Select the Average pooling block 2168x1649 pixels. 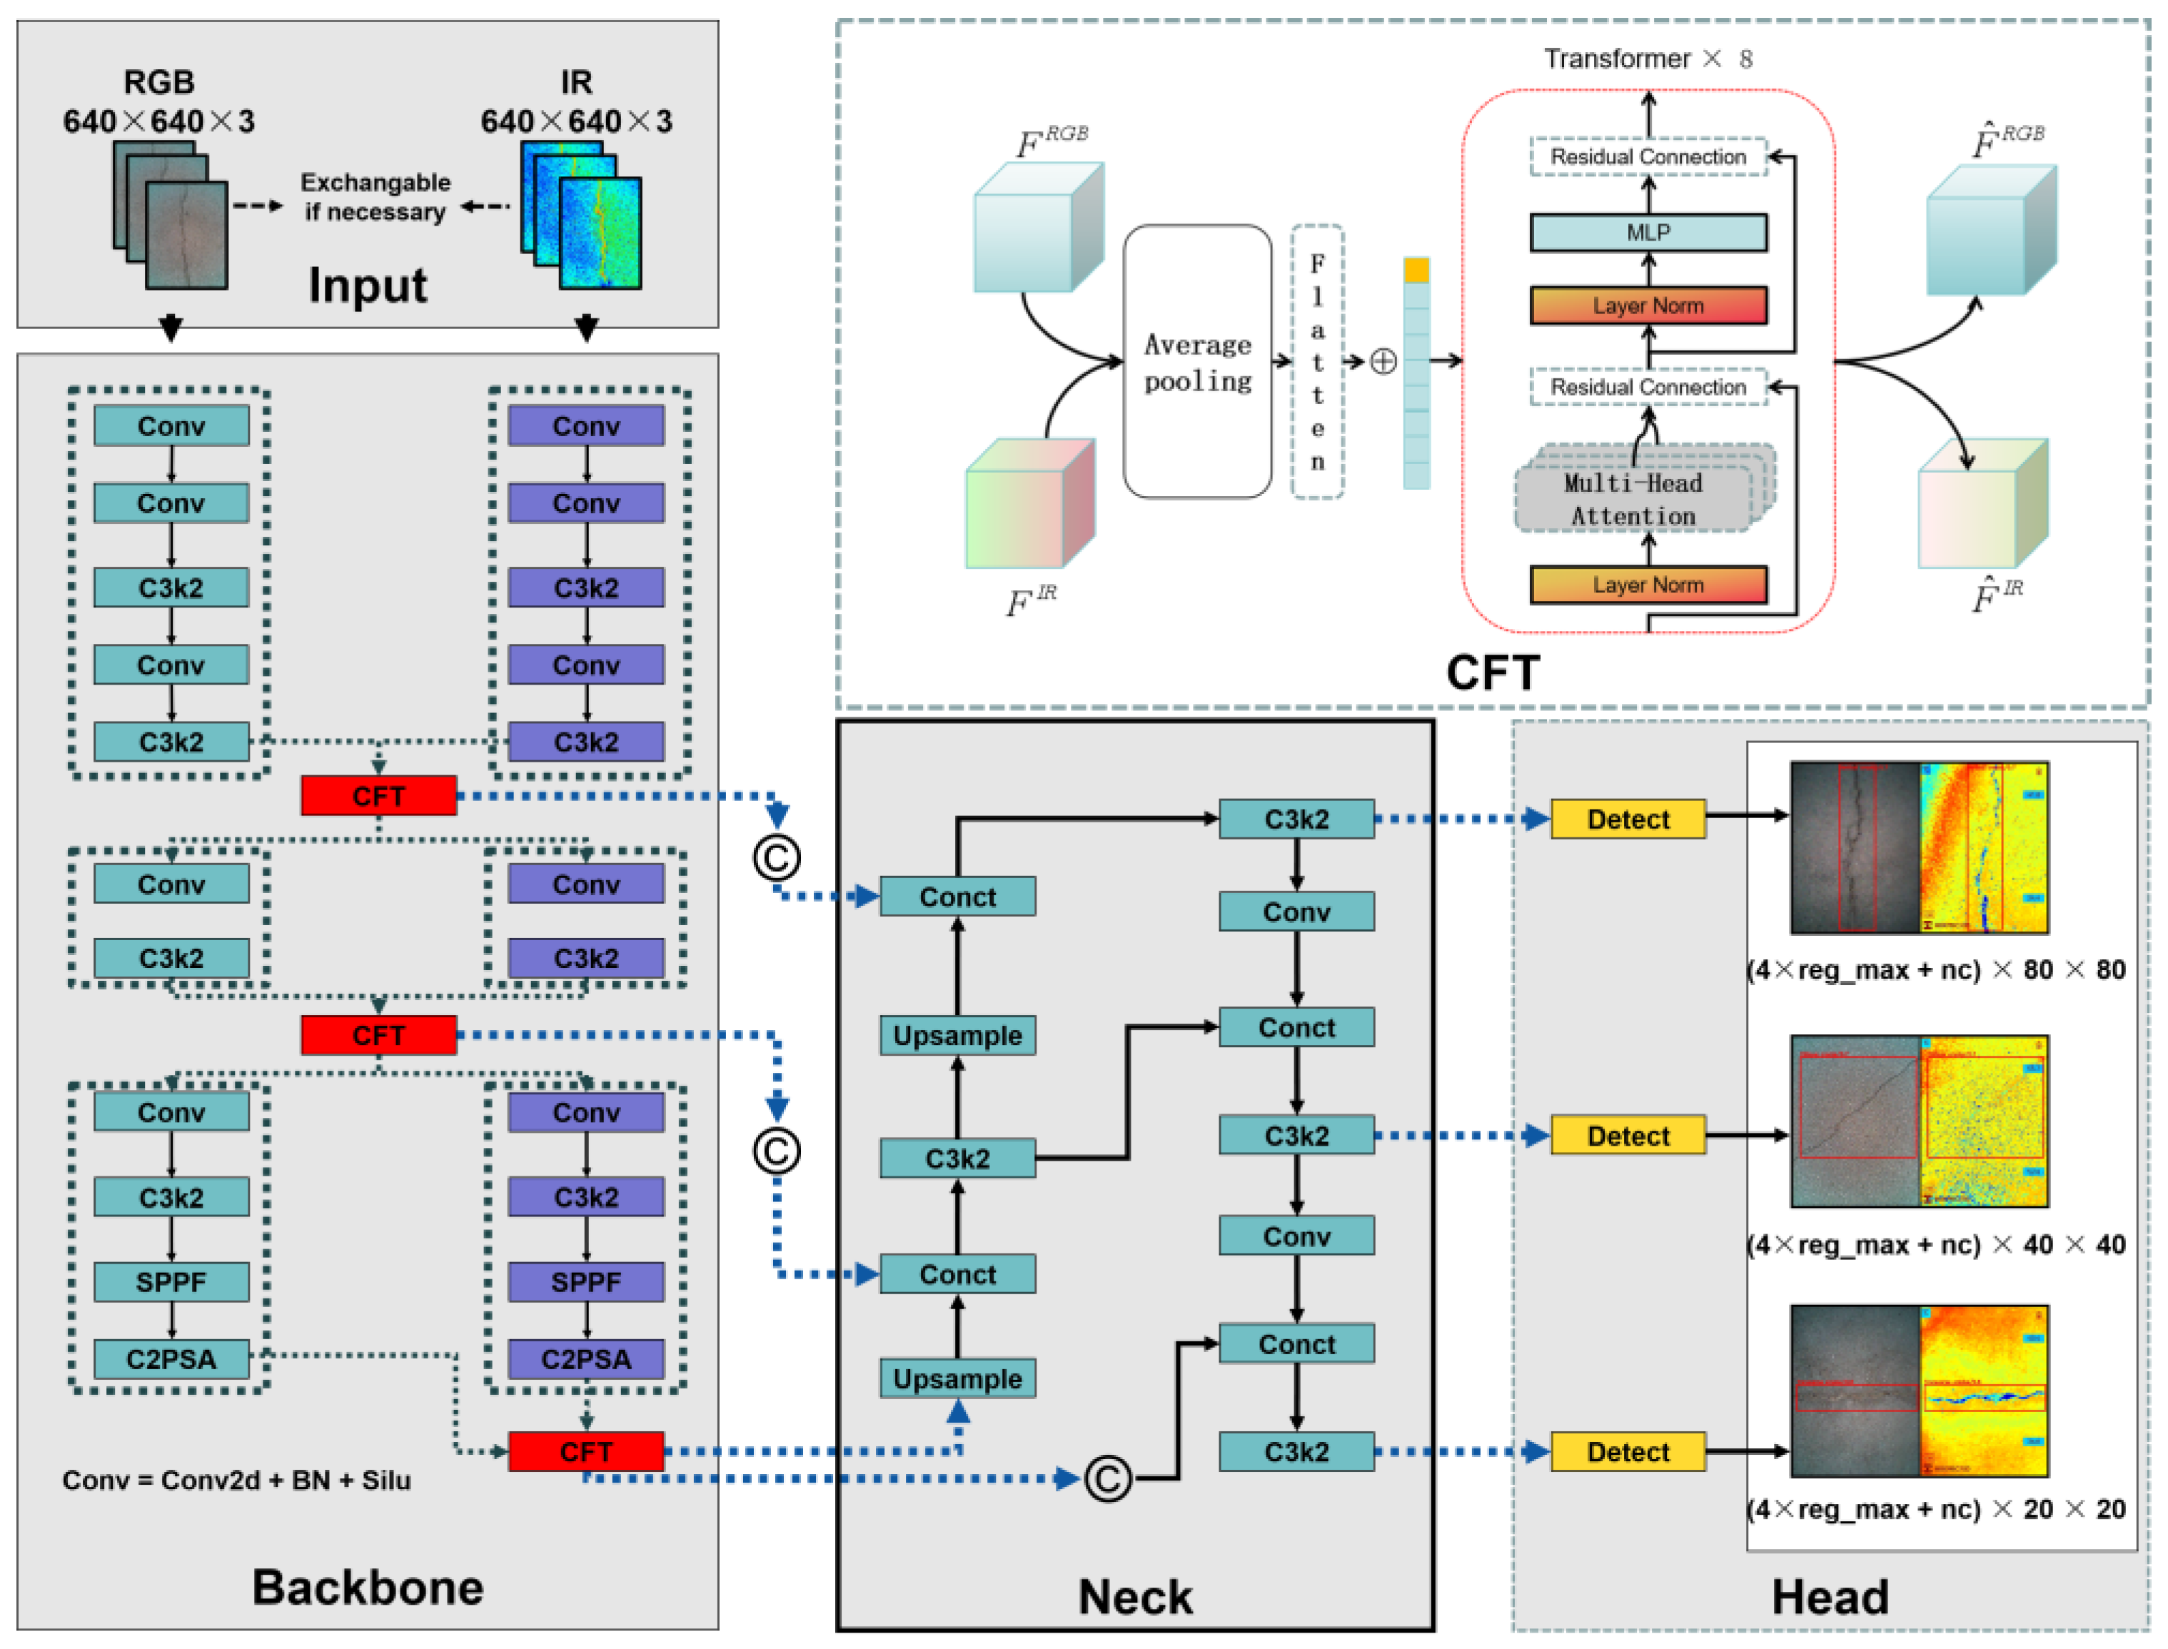[1196, 362]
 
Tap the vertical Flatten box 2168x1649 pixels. [1316, 362]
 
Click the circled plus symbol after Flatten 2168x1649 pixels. [1382, 362]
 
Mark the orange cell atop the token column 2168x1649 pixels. [1416, 270]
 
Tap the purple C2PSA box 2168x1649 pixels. [586, 1358]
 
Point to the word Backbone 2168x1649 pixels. [368, 1587]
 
